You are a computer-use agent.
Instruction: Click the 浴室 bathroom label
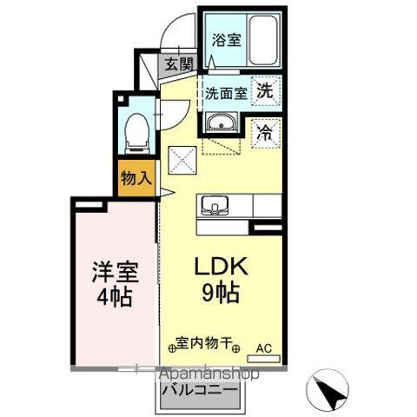226,38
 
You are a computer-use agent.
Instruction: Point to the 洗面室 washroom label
224,92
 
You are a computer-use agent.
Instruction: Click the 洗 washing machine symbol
265,89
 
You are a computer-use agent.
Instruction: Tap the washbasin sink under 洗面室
220,122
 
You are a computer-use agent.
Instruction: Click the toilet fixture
135,129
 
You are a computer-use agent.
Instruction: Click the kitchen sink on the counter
214,206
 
